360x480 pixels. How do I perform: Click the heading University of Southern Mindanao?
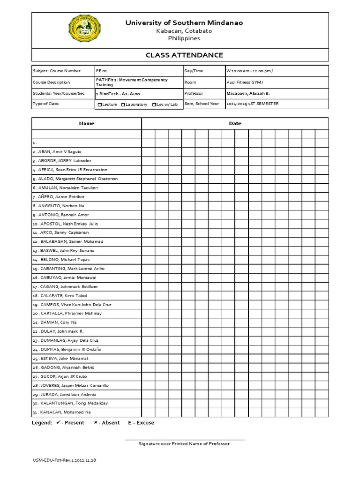(184, 23)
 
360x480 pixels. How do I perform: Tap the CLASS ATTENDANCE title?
(184, 55)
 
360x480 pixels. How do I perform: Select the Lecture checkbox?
(99, 105)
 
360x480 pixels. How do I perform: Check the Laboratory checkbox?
(123, 105)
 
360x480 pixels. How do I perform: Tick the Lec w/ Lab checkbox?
(154, 105)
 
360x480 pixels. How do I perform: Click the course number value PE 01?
(102, 71)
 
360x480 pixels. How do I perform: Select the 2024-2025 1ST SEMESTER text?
(252, 104)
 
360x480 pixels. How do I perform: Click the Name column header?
(87, 124)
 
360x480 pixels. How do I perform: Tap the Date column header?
(235, 124)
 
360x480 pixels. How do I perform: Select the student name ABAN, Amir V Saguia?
(59, 152)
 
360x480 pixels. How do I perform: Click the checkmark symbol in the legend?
(58, 422)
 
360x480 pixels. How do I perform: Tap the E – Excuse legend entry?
(141, 423)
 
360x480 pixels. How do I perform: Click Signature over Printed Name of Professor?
(184, 444)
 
